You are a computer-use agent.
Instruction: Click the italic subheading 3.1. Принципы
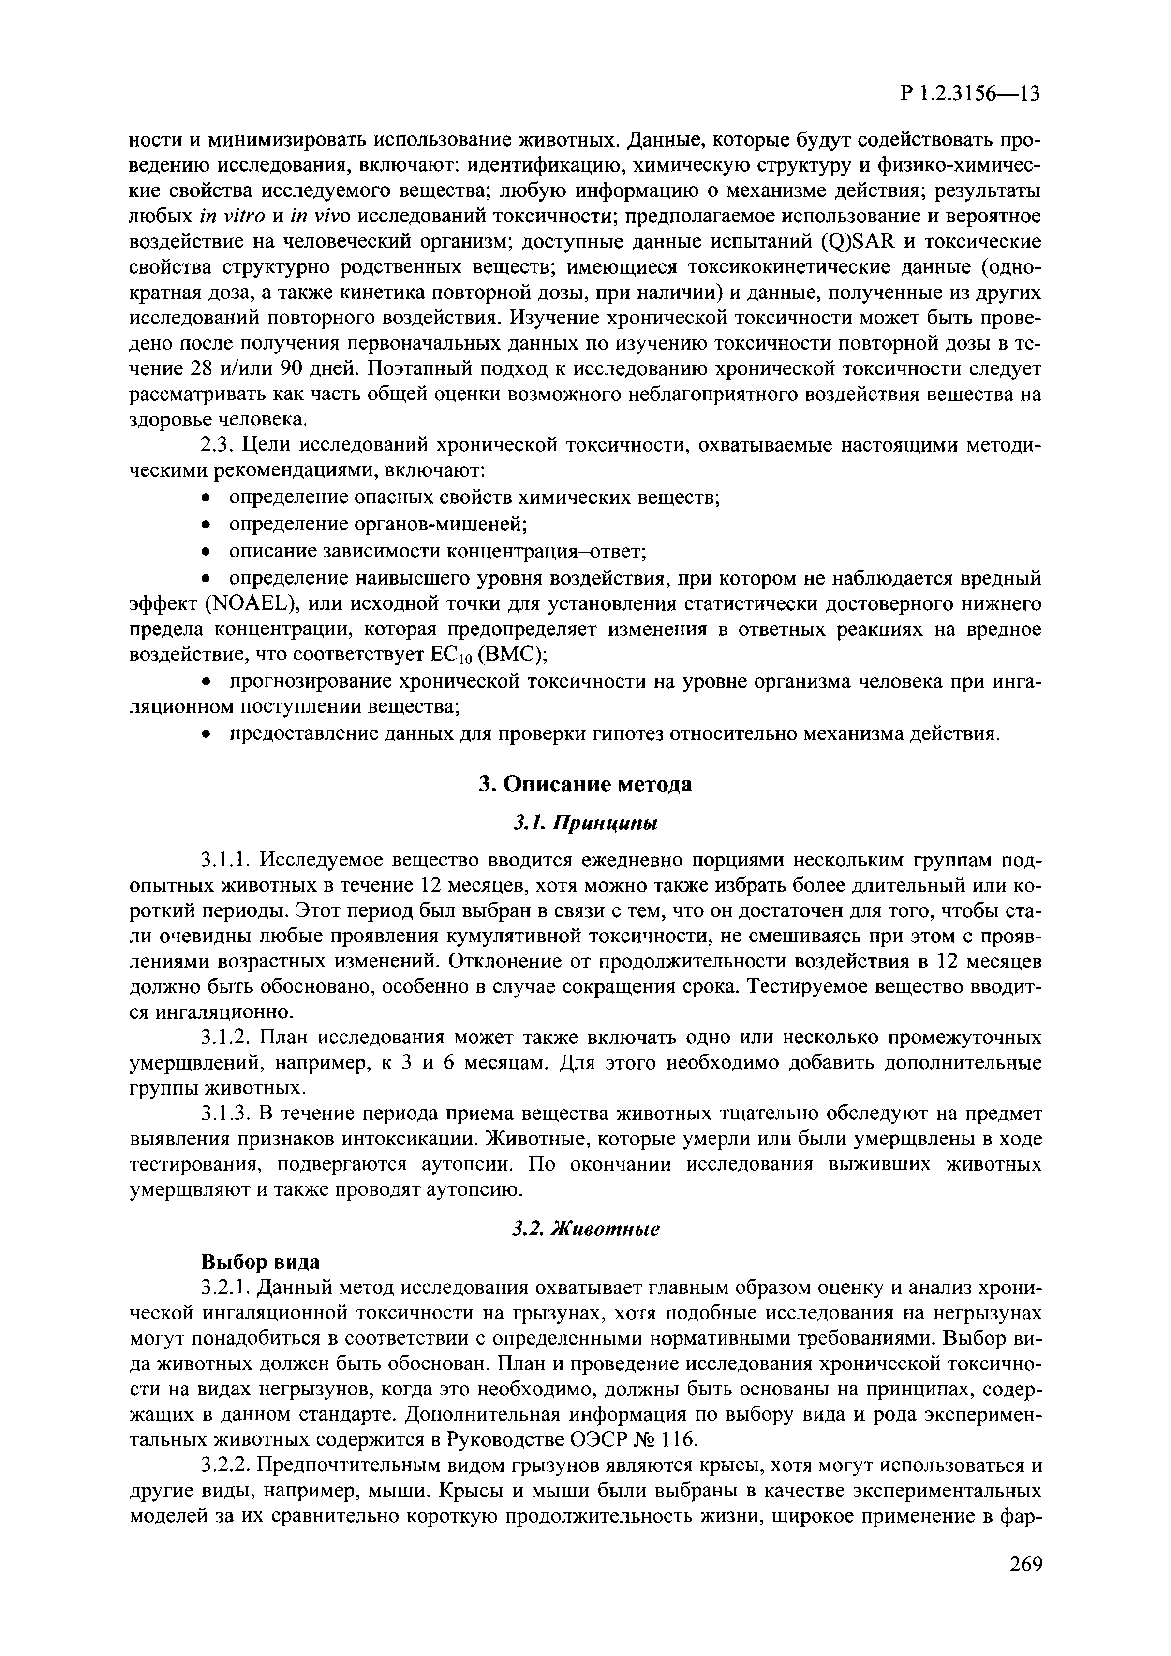[x=585, y=822]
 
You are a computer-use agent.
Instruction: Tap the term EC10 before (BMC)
[x=449, y=655]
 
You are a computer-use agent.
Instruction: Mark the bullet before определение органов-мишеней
[x=207, y=524]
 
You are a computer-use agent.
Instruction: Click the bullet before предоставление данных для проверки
[x=207, y=735]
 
